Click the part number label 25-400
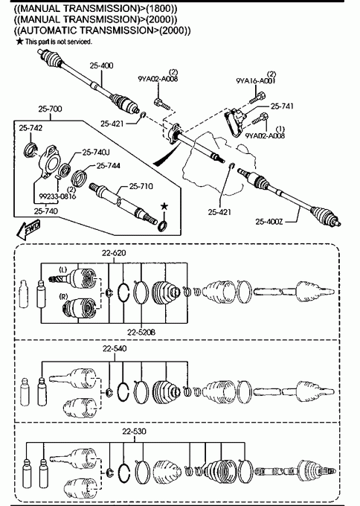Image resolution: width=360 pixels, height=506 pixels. click(101, 65)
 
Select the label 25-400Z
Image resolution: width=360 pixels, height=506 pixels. click(269, 222)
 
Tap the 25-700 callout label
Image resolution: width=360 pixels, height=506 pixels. click(50, 109)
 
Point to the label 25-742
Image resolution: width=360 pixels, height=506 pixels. click(30, 128)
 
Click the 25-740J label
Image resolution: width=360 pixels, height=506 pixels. click(96, 152)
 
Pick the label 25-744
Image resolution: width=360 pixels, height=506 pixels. click(109, 166)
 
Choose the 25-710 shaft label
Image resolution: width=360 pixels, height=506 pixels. click(141, 186)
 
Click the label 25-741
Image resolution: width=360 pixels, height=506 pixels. click(282, 106)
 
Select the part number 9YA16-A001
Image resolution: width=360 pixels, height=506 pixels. click(256, 81)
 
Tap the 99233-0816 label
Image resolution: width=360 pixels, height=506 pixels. click(57, 196)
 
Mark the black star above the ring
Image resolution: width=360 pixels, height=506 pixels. click(164, 207)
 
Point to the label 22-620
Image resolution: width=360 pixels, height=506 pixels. click(114, 253)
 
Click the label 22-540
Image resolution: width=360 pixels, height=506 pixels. click(115, 349)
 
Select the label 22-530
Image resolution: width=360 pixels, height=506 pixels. click(134, 432)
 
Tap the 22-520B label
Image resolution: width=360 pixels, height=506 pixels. click(141, 332)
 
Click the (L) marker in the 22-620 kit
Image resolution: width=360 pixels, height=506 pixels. click(63, 269)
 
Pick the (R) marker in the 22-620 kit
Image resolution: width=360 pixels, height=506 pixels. click(63, 295)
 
